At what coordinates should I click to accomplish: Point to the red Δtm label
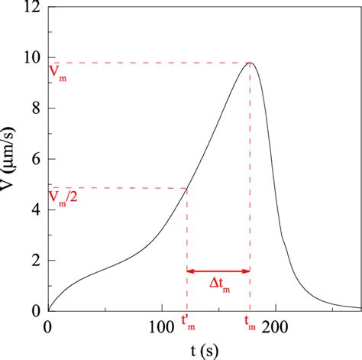[x=219, y=284]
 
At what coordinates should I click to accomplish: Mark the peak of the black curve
[x=250, y=63]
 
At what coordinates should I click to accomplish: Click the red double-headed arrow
[x=218, y=270]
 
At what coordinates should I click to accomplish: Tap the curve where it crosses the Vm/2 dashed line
[x=186, y=188]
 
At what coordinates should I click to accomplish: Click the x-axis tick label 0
[x=47, y=326]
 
